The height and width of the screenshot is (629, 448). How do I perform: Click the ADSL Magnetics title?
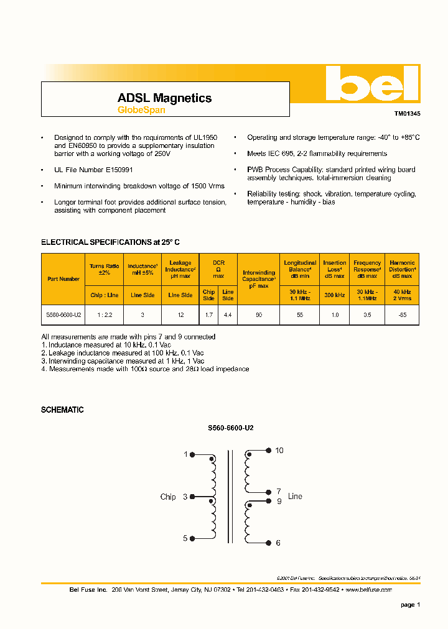164,98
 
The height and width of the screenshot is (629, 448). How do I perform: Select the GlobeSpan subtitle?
141,111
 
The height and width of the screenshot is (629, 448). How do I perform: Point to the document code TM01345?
407,114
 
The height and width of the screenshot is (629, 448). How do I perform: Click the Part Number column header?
63,279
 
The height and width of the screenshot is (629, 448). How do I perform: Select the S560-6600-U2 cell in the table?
63,315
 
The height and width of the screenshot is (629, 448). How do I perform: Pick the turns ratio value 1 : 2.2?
105,315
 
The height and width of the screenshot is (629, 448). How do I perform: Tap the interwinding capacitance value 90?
259,315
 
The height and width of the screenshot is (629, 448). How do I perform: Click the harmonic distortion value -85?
402,315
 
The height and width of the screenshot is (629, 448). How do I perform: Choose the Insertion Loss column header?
334,266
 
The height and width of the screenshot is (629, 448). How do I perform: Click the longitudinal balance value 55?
300,315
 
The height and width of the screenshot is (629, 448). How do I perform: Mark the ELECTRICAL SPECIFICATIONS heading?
110,242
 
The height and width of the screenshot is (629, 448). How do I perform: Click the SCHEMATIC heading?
62,410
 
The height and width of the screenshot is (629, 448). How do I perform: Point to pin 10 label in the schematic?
279,451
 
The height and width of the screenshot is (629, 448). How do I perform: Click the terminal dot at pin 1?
192,455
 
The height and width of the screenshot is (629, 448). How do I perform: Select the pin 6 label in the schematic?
278,543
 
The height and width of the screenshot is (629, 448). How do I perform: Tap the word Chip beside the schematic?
168,497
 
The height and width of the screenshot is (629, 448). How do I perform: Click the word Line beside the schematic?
295,497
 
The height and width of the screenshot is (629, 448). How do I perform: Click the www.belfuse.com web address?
368,589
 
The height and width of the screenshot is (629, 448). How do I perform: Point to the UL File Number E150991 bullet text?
93,170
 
